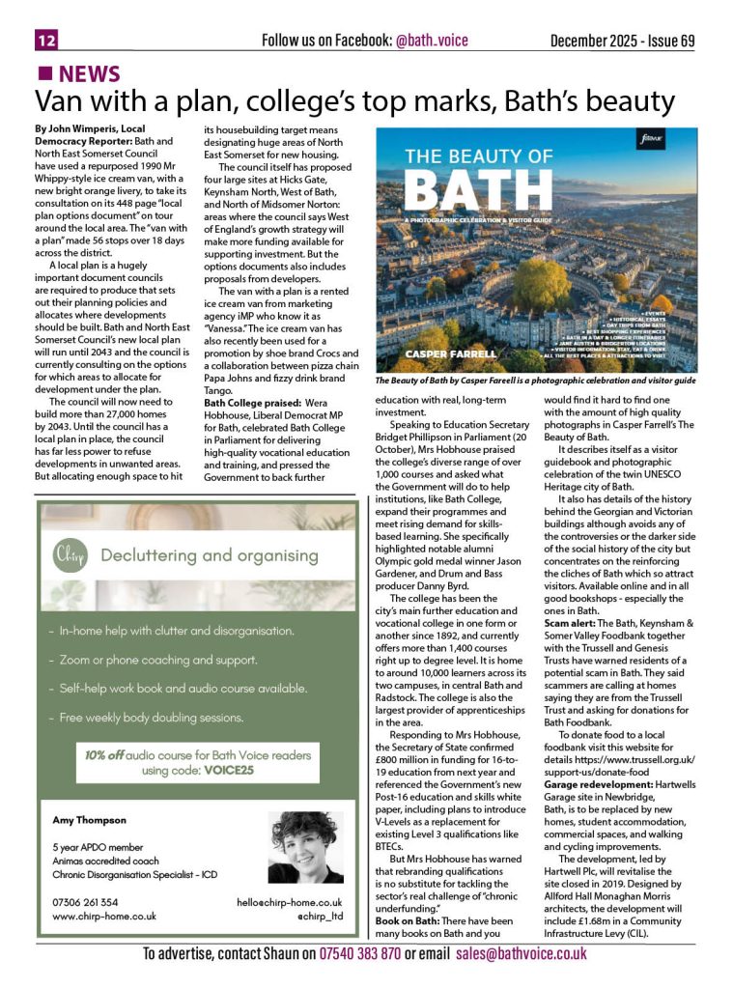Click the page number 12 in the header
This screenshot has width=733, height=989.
point(46,40)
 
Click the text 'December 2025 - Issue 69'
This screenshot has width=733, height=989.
point(622,41)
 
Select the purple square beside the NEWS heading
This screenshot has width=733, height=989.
point(43,73)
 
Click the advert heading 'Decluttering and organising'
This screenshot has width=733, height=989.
point(209,555)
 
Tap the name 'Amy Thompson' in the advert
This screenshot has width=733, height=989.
point(88,820)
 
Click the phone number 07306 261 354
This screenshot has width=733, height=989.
point(85,902)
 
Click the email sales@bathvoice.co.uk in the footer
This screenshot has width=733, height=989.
point(522,953)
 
